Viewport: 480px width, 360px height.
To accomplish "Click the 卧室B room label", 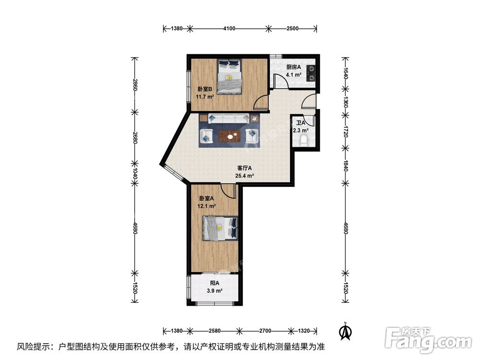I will pos(204,89).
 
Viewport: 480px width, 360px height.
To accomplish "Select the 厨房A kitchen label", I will pos(293,68).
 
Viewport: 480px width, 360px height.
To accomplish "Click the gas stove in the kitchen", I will pos(312,72).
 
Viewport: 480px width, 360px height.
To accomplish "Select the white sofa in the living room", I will pos(228,119).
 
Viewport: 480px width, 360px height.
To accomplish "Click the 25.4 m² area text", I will pos(244,176).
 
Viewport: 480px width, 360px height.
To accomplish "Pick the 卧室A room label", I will pos(206,198).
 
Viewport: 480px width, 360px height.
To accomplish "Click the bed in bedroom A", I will pos(220,228).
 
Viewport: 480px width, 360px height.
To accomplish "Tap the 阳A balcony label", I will pos(215,283).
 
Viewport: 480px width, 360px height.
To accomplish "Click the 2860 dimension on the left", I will pos(135,85).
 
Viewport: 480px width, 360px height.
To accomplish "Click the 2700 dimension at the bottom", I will pos(265,331).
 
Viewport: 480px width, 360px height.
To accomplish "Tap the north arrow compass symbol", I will pos(344,331).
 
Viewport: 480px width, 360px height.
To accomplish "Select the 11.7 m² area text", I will pos(205,96).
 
